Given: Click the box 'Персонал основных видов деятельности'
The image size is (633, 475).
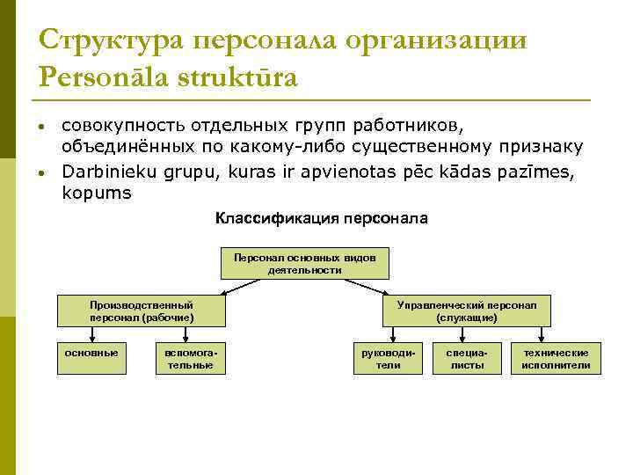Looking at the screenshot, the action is [304, 264].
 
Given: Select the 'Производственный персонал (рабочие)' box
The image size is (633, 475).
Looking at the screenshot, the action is [142, 311].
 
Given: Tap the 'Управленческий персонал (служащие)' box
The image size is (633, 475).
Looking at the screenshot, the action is [472, 311].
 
